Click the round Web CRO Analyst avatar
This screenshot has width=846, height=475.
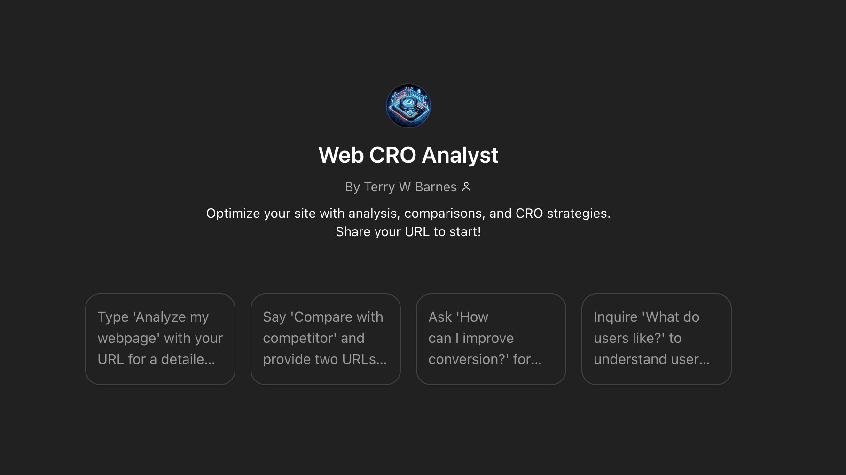[x=408, y=106]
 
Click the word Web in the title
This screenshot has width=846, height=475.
[x=341, y=155]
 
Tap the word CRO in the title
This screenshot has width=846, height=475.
[x=392, y=155]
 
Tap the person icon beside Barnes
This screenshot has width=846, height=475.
[x=466, y=187]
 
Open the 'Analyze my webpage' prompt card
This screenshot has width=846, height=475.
[x=160, y=339]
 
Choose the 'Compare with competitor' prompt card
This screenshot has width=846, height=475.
[x=326, y=339]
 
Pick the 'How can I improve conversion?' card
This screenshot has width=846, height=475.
[x=491, y=339]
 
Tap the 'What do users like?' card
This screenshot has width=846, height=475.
[x=657, y=339]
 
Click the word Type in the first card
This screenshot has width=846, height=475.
[x=113, y=317]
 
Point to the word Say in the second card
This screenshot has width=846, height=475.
[x=274, y=317]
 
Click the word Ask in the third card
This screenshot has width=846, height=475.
[x=440, y=317]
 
